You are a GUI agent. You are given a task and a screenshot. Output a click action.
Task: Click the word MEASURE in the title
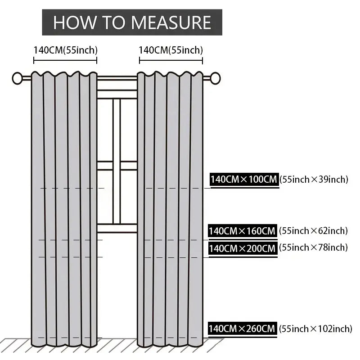point(171,22)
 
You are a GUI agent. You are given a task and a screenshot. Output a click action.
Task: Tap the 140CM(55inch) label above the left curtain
point(66,50)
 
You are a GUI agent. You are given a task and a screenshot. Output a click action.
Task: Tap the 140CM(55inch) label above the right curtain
point(171,50)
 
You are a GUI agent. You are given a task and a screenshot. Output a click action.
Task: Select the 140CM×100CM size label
point(244,179)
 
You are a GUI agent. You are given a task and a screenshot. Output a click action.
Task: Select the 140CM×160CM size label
point(243,231)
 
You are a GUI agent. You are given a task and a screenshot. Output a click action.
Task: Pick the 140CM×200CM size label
point(243,248)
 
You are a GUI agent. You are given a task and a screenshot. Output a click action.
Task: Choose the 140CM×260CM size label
point(242,328)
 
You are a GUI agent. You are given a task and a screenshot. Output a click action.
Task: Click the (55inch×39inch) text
point(314,179)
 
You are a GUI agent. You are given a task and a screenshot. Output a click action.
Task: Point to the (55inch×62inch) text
point(313,230)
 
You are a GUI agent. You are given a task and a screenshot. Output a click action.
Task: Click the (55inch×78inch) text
point(313,247)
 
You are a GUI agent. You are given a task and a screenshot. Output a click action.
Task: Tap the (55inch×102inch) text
point(315,329)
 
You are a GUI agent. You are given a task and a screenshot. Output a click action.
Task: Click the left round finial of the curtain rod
point(17,78)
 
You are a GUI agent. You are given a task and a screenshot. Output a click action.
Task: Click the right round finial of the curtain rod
point(215,78)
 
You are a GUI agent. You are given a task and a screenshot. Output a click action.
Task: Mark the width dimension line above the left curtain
point(65,61)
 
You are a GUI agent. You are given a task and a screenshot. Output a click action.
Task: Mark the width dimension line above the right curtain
point(171,61)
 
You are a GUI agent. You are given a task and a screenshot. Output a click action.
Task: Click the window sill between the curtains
point(117,228)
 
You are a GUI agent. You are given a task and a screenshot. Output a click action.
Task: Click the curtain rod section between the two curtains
point(117,78)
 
